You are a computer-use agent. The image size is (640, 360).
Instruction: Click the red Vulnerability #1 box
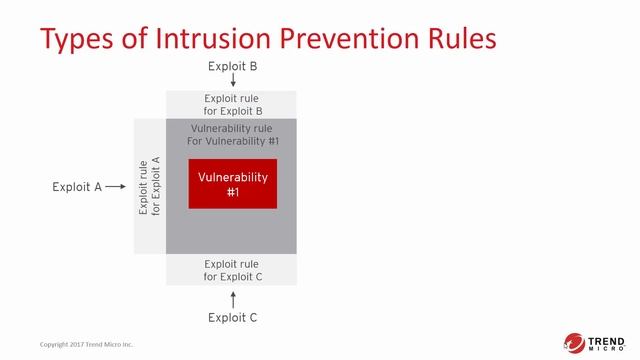[232, 184]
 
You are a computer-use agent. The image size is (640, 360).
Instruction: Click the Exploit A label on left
[77, 186]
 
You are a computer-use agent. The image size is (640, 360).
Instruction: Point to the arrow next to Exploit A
[115, 186]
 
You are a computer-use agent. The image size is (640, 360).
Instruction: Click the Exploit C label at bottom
[232, 318]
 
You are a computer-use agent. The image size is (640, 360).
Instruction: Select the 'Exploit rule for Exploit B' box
[231, 104]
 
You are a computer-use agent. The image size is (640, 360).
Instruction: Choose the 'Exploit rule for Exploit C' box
[231, 269]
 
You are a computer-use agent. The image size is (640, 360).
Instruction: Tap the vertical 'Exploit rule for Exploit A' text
[149, 186]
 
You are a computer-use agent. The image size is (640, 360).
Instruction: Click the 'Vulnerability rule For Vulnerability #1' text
[233, 135]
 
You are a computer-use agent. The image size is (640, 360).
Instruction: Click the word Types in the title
[78, 40]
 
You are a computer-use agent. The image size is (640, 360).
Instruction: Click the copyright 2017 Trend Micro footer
[86, 345]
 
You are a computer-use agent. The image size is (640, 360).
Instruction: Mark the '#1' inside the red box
[232, 192]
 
